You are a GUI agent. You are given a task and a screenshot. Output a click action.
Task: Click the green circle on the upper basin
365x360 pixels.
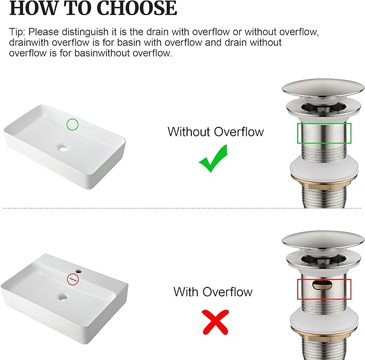click(x=72, y=125)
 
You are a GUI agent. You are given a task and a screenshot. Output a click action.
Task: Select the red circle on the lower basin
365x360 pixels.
click(x=73, y=279)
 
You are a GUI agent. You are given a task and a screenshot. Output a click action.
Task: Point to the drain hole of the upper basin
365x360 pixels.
click(x=65, y=147)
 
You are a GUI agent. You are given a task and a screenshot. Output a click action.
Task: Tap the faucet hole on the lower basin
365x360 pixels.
click(x=78, y=272)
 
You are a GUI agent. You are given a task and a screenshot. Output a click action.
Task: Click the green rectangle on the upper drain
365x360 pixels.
click(x=325, y=133)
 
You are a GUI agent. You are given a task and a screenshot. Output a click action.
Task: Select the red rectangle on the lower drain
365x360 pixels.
click(x=324, y=289)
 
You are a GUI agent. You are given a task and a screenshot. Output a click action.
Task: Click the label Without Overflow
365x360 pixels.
click(x=216, y=132)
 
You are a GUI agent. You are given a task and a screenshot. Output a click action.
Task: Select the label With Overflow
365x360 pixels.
click(x=213, y=292)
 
